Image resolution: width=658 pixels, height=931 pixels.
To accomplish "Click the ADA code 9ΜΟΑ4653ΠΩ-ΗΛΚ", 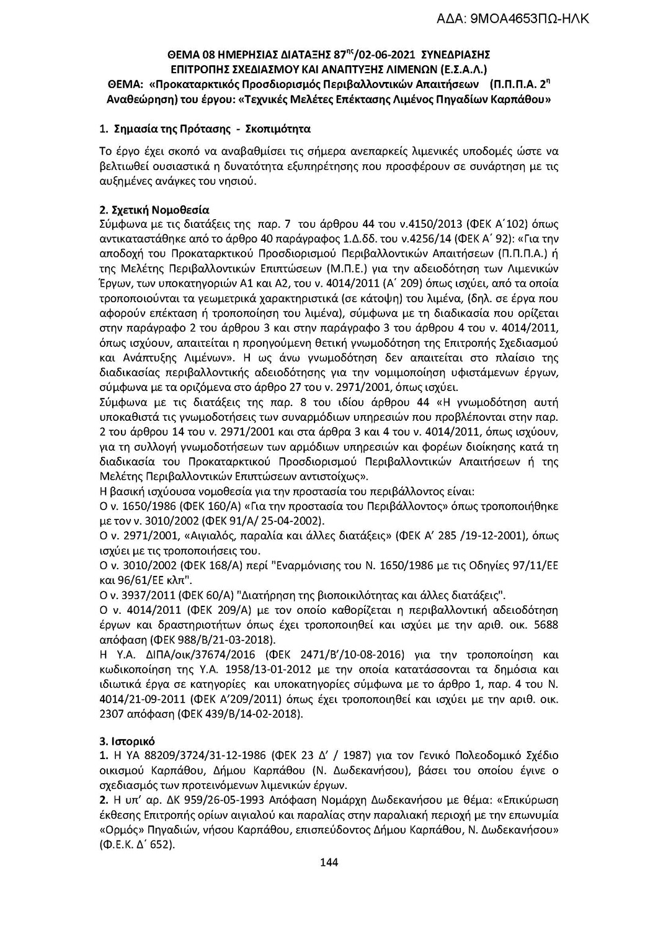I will click(516, 20).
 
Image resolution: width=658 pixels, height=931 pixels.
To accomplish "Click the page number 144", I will click(329, 862).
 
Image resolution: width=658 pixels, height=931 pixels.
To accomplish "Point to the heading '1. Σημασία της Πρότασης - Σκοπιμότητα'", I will click(205, 130).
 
